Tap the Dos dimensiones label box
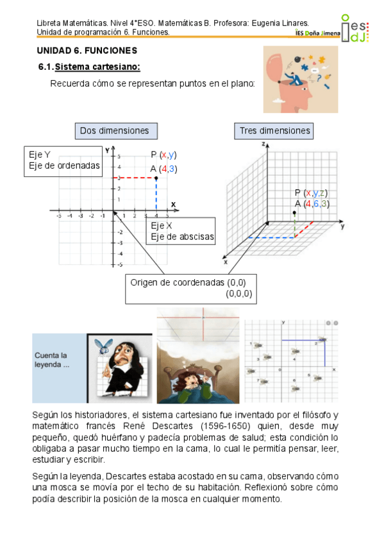pyautogui.click(x=114, y=131)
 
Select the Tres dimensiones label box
pyautogui.click(x=274, y=131)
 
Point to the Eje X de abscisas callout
pyautogui.click(x=182, y=232)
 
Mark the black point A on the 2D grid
pyautogui.click(x=156, y=178)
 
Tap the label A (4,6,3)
pyautogui.click(x=312, y=203)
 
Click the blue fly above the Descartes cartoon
pyautogui.click(x=103, y=344)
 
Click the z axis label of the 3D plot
pyautogui.click(x=263, y=146)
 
